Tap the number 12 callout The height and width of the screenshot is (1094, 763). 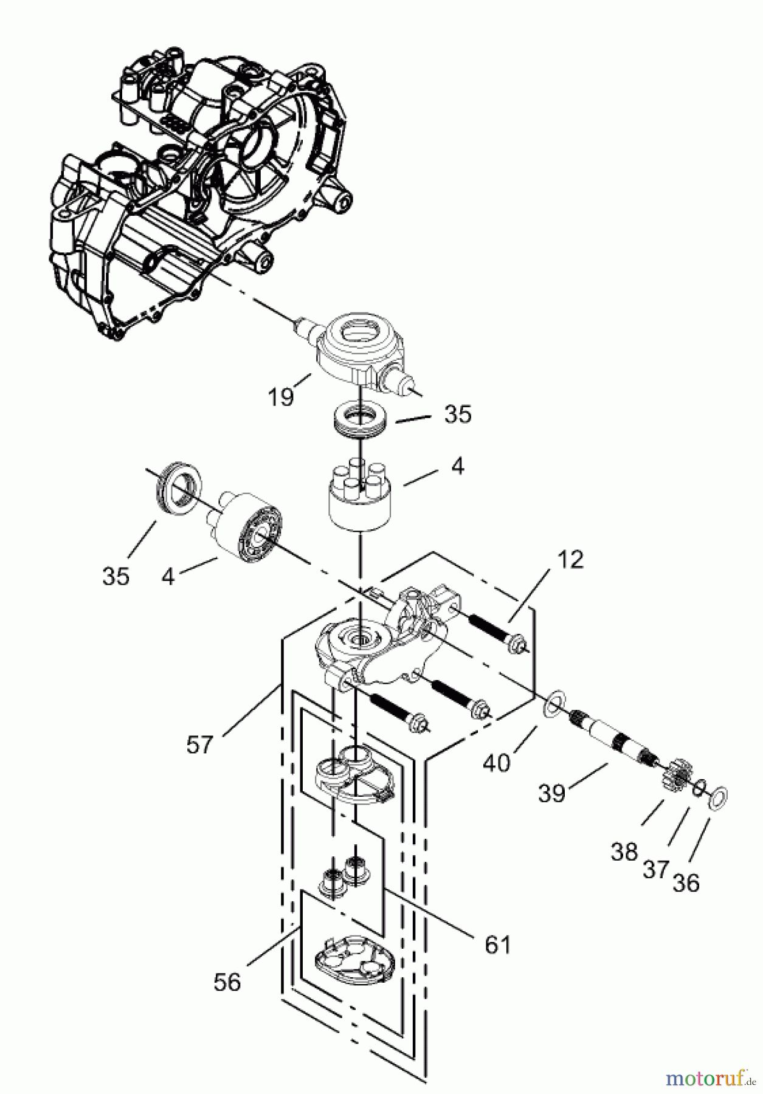[569, 559]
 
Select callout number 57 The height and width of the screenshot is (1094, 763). [200, 745]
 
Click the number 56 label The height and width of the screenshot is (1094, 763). [227, 982]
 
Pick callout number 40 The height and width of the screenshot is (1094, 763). [497, 762]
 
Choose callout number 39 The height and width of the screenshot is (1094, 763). [552, 793]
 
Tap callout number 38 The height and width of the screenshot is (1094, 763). [624, 852]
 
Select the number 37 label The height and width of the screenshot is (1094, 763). [656, 870]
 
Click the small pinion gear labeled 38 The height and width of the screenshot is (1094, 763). [677, 776]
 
